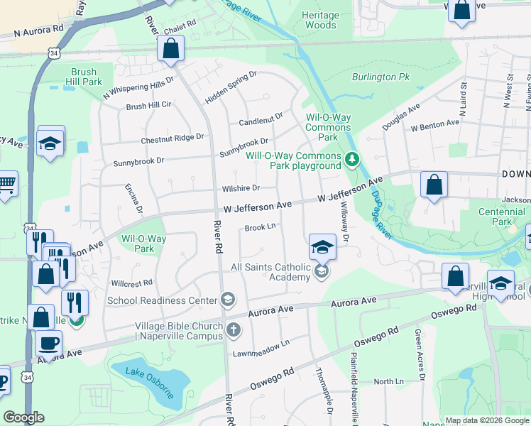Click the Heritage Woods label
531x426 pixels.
pos(319,20)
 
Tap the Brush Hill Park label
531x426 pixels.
pos(87,77)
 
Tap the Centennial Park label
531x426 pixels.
pos(501,217)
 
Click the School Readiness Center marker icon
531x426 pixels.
pos(227,300)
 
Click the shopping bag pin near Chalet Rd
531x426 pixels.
pos(170,49)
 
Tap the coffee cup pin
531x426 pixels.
pos(48,343)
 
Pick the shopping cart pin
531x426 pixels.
pos(6,185)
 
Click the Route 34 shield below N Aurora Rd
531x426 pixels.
pos(55,53)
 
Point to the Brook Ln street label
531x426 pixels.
pos(260,228)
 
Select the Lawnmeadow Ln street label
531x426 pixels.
pos(262,343)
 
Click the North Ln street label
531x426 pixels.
pos(388,381)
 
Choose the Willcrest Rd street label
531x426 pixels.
pos(131,282)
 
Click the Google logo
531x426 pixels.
pos(24,417)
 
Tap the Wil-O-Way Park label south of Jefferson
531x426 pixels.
pos(144,244)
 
